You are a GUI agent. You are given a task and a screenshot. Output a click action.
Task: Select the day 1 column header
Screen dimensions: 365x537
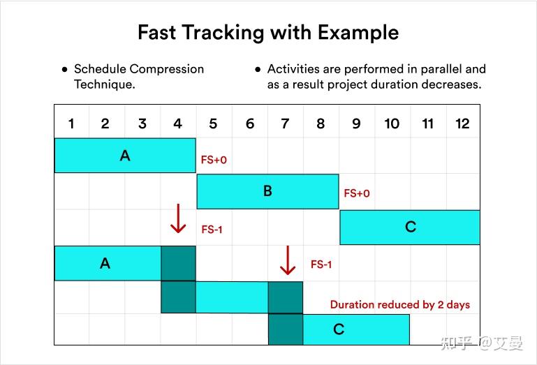[71, 124]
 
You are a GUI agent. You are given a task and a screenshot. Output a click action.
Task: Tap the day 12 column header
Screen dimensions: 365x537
[462, 124]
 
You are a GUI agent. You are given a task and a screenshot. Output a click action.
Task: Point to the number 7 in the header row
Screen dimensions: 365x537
[285, 124]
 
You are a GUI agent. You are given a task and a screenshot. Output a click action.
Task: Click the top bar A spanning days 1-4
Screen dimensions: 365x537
[125, 156]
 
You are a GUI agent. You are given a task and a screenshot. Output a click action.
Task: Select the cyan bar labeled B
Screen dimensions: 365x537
[267, 191]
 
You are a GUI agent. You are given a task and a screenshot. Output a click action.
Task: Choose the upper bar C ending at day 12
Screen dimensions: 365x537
[410, 227]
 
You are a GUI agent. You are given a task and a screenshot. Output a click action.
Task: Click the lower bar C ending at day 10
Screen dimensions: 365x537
[356, 329]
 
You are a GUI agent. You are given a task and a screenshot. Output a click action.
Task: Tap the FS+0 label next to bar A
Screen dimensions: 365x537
[214, 160]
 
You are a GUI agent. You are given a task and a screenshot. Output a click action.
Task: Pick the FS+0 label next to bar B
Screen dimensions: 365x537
[357, 193]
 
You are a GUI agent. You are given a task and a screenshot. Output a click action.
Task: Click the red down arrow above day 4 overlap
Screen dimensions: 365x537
[178, 219]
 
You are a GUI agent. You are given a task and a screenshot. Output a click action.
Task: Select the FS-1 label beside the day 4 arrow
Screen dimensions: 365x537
[212, 229]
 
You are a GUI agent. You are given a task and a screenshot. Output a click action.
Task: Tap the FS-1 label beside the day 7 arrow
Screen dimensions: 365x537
[321, 265]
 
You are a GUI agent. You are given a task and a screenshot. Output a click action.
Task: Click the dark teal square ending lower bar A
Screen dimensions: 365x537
[178, 263]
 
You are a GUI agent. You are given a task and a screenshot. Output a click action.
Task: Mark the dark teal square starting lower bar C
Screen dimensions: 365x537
[285, 329]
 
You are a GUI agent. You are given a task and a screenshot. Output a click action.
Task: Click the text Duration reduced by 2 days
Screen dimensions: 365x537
[399, 304]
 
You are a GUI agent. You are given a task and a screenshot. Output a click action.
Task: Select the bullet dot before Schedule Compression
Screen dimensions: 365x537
[64, 70]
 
